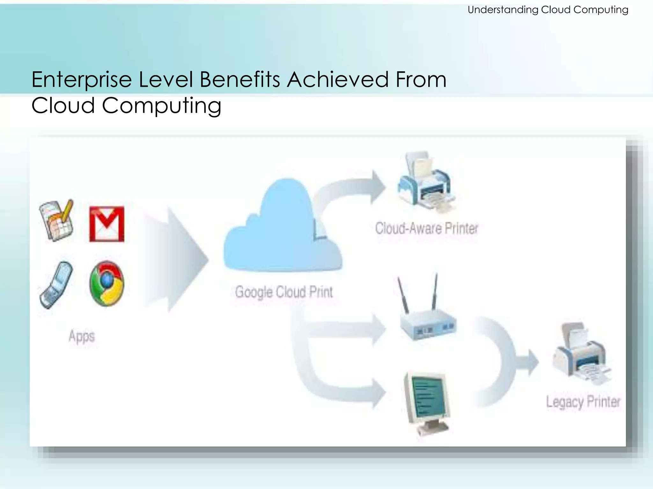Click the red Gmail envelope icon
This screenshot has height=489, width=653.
(106, 224)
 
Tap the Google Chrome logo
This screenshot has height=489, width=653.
(106, 283)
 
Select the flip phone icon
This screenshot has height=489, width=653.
(56, 285)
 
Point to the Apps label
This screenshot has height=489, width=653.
(82, 337)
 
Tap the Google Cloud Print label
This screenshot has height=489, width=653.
(284, 292)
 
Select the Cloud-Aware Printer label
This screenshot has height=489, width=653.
(427, 228)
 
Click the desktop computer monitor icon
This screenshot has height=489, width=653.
(427, 403)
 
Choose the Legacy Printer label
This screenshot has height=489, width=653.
(583, 402)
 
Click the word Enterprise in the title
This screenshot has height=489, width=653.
(82, 80)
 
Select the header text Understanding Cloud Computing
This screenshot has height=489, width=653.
(548, 10)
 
